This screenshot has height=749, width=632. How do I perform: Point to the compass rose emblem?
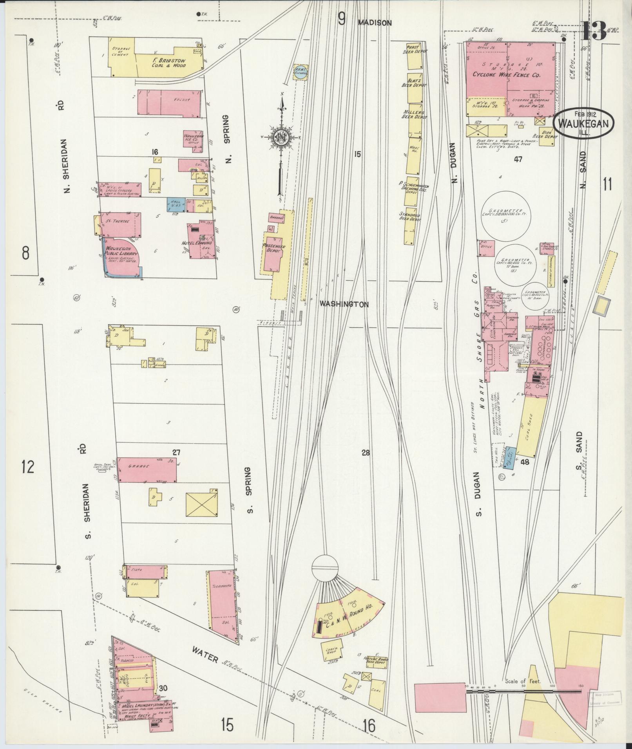pyautogui.click(x=281, y=137)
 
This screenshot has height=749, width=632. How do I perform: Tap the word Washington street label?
pyautogui.click(x=344, y=304)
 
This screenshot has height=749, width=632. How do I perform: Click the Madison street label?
pyautogui.click(x=375, y=23)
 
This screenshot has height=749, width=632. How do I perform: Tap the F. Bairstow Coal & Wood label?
pyautogui.click(x=169, y=63)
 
